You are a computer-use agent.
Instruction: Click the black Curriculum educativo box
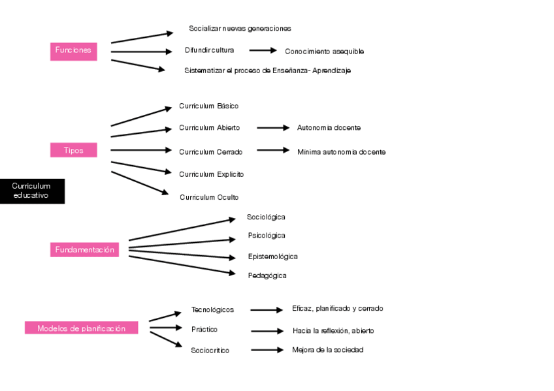[x=32, y=191]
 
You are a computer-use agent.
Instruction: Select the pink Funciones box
[x=73, y=51]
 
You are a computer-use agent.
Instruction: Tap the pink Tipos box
[x=73, y=150]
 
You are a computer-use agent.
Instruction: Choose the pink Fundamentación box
[x=84, y=249]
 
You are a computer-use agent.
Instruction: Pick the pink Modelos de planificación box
[x=81, y=328]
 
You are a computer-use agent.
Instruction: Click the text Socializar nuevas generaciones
[x=240, y=29]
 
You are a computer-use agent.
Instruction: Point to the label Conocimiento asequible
[x=324, y=52]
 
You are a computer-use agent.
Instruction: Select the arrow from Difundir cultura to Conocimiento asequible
[x=263, y=50]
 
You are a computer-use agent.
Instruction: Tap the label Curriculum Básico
[x=208, y=106]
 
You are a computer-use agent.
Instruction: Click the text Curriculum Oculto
[x=209, y=197]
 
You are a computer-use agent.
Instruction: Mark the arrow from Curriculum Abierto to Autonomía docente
[x=272, y=128]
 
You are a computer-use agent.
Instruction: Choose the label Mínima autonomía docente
[x=341, y=152]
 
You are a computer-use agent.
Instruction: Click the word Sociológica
[x=266, y=217]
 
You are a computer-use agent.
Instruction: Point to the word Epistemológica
[x=272, y=257]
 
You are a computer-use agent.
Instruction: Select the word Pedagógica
[x=267, y=275]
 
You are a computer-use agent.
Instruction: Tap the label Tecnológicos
[x=212, y=309]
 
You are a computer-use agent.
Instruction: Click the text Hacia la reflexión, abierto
[x=333, y=331]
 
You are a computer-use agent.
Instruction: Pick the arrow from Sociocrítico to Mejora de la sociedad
[x=267, y=350]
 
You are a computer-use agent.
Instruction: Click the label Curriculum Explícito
[x=212, y=174]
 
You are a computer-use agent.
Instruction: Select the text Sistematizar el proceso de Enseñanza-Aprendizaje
[x=267, y=70]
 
